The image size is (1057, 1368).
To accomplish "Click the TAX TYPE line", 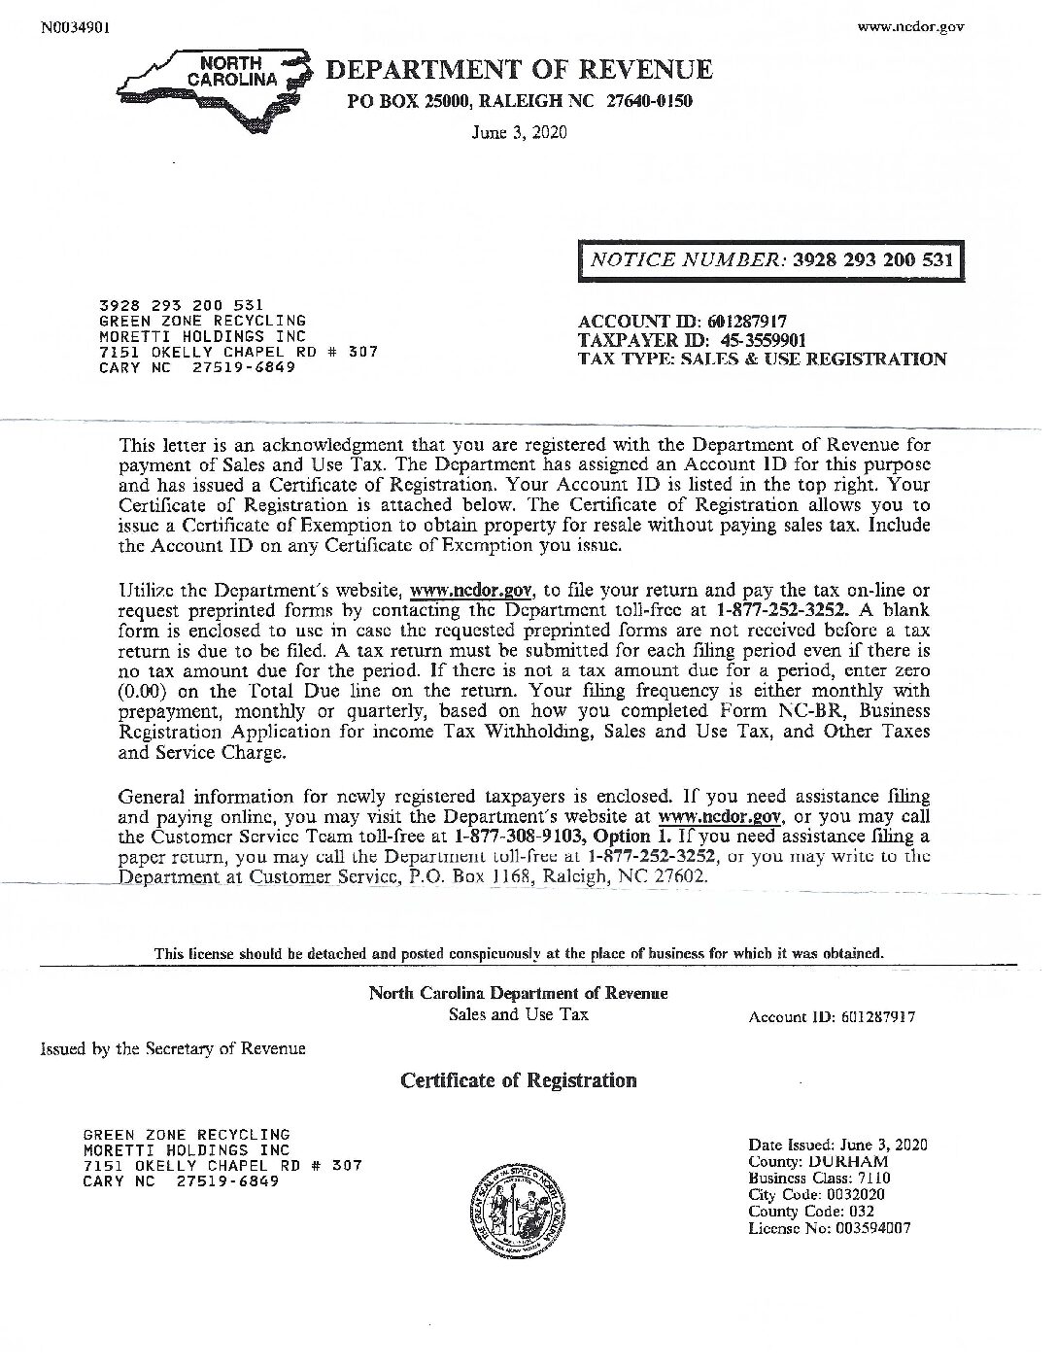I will (x=762, y=359).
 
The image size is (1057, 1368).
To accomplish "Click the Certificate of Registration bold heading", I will (x=519, y=1080).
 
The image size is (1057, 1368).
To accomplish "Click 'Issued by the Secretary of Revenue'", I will (x=173, y=1048).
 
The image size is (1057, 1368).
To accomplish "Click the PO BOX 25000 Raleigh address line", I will (x=519, y=102).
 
